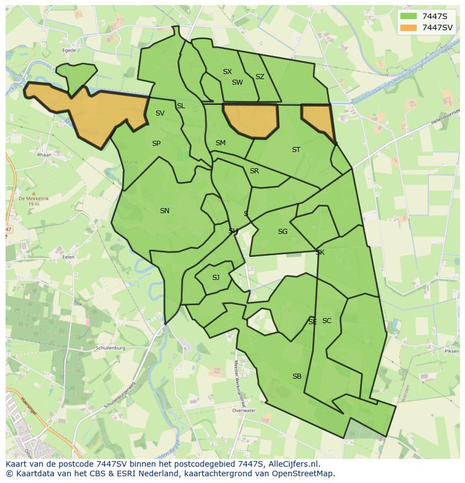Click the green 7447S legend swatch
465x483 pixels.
point(409,16)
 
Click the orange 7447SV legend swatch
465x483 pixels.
point(409,27)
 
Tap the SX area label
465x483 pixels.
point(227,72)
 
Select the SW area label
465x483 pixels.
point(237,82)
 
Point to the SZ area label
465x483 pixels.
point(259,77)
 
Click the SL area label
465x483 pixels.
point(181,106)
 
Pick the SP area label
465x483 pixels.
point(156,144)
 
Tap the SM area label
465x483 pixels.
point(220,143)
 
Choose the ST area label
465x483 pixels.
point(296,150)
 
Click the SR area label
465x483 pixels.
point(254,171)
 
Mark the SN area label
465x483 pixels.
point(165,211)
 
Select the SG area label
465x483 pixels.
point(282,232)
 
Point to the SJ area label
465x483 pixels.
point(216,278)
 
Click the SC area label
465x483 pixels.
point(327,321)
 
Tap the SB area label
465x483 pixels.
point(297,376)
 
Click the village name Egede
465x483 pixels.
point(70,50)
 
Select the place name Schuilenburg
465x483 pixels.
point(110,348)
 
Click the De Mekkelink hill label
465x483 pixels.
point(29,199)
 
